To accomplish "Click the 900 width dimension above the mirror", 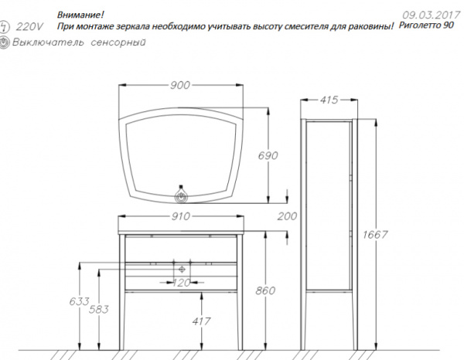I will pos(179,86).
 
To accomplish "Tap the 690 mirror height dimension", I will pos(289,156).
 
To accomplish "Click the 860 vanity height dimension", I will pos(266,292).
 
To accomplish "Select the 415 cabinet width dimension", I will pos(330,100).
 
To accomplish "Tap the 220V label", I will pos(32,27).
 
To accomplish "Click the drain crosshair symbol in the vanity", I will pos(183,268).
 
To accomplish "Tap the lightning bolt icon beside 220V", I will pos(6,27).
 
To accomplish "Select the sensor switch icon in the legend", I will pos(6,43).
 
